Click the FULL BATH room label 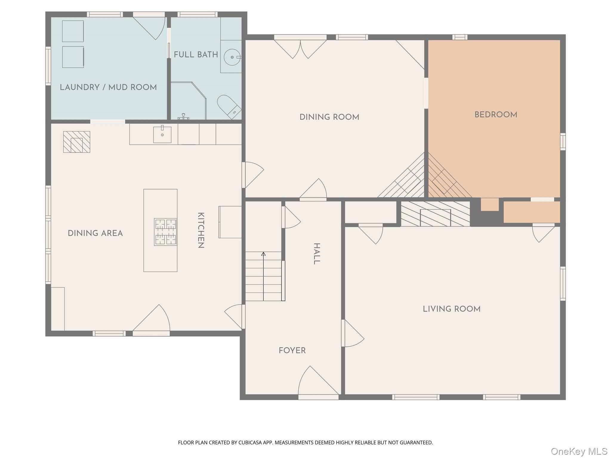point(196,55)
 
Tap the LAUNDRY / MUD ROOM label point(108,87)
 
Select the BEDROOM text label point(496,114)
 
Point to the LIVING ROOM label point(452,309)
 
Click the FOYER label point(292,350)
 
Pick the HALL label point(317,253)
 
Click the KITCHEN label point(201,230)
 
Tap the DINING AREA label point(95,233)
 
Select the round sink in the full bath point(232,57)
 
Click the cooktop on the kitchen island point(166,232)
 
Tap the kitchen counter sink point(162,134)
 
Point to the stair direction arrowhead point(263,254)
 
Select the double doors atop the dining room point(300,49)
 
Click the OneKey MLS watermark point(579,451)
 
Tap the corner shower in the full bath point(188,101)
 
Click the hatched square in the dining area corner point(77,142)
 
